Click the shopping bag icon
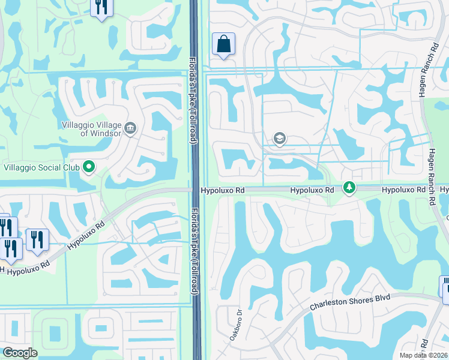(x=223, y=44)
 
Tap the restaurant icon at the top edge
(x=101, y=7)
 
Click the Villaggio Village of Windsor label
(x=92, y=128)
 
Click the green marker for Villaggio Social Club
(x=89, y=167)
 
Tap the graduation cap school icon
(x=279, y=139)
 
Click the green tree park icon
(x=349, y=188)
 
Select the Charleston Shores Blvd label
(x=350, y=302)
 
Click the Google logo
(x=20, y=353)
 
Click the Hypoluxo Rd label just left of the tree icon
(x=312, y=190)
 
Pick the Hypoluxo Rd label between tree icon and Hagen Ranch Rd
(x=403, y=190)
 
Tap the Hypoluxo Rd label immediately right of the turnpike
(x=223, y=190)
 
